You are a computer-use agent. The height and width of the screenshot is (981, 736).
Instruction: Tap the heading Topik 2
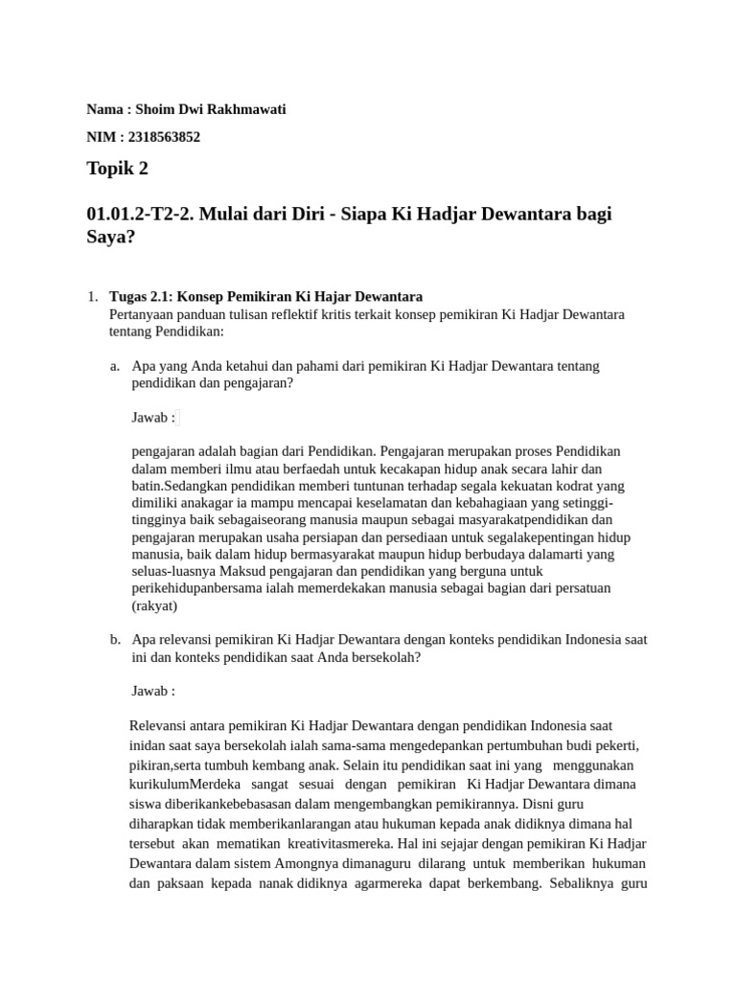[118, 170]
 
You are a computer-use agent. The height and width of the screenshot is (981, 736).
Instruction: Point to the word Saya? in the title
[111, 238]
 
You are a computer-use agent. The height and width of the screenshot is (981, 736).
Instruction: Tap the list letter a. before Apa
[115, 366]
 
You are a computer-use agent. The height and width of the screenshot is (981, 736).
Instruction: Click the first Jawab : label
[153, 418]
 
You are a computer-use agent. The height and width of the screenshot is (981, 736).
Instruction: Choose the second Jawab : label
[153, 691]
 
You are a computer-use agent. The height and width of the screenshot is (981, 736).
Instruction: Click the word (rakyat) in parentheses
[154, 605]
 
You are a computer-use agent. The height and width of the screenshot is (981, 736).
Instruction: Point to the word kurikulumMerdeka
[178, 784]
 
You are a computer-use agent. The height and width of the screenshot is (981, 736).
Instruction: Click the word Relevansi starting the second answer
[160, 726]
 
